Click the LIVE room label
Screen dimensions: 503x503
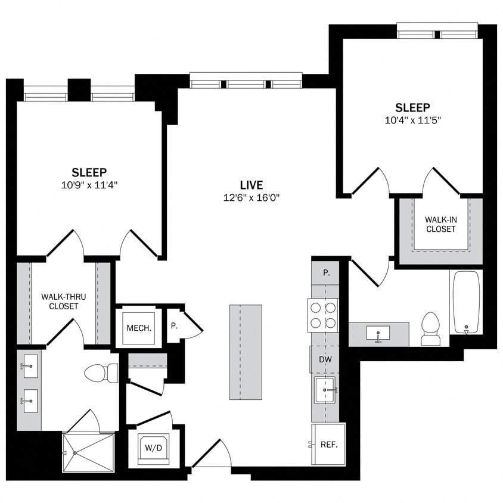click(251, 185)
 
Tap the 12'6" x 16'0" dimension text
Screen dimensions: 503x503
click(251, 198)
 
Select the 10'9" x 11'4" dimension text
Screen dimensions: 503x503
click(89, 185)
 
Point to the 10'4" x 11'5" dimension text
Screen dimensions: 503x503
click(412, 120)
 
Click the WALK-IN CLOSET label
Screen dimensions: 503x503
click(440, 225)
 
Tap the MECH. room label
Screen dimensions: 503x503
click(138, 328)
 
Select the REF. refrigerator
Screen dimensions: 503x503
click(328, 444)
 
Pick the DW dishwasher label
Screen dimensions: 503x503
click(325, 359)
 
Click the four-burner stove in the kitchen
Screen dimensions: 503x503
click(322, 315)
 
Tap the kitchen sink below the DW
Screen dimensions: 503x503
click(325, 390)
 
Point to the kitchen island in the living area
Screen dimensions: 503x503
click(246, 352)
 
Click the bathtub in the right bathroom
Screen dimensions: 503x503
click(466, 302)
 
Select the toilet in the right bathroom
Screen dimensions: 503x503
click(430, 329)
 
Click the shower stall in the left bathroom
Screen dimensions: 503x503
click(89, 452)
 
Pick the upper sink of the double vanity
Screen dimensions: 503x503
click(30, 364)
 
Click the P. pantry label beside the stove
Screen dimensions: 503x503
click(326, 272)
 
